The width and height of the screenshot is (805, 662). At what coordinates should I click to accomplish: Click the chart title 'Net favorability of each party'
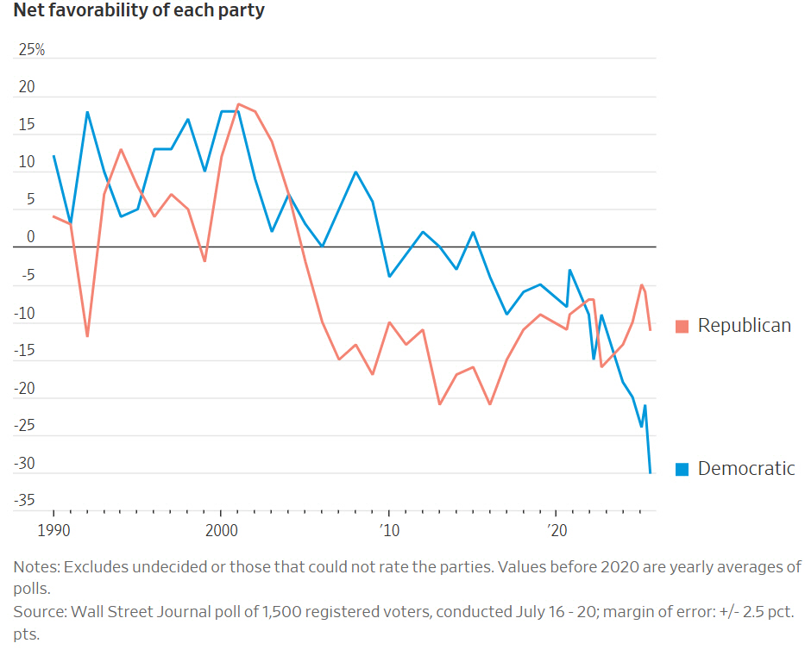(139, 11)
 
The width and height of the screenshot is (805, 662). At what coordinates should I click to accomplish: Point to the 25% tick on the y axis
(32, 50)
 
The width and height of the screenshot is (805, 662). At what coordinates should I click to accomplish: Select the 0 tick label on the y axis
(30, 238)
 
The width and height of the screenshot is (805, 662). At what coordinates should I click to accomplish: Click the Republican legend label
(744, 326)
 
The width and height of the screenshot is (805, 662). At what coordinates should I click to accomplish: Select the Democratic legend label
(746, 469)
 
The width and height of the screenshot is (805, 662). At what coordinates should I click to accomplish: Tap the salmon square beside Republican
(682, 326)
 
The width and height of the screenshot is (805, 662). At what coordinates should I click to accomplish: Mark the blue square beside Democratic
(682, 469)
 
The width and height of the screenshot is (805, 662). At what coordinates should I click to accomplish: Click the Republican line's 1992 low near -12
(87, 336)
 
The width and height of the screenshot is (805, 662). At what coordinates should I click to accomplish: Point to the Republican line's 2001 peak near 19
(238, 104)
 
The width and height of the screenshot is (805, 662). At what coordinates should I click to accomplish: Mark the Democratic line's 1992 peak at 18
(87, 112)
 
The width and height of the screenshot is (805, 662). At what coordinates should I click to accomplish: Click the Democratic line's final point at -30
(650, 472)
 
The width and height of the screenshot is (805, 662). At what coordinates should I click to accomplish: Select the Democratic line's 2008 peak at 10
(355, 172)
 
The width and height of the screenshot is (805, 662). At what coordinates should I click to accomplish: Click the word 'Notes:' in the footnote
(35, 567)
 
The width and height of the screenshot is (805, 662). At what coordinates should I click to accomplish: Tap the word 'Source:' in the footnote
(40, 612)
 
